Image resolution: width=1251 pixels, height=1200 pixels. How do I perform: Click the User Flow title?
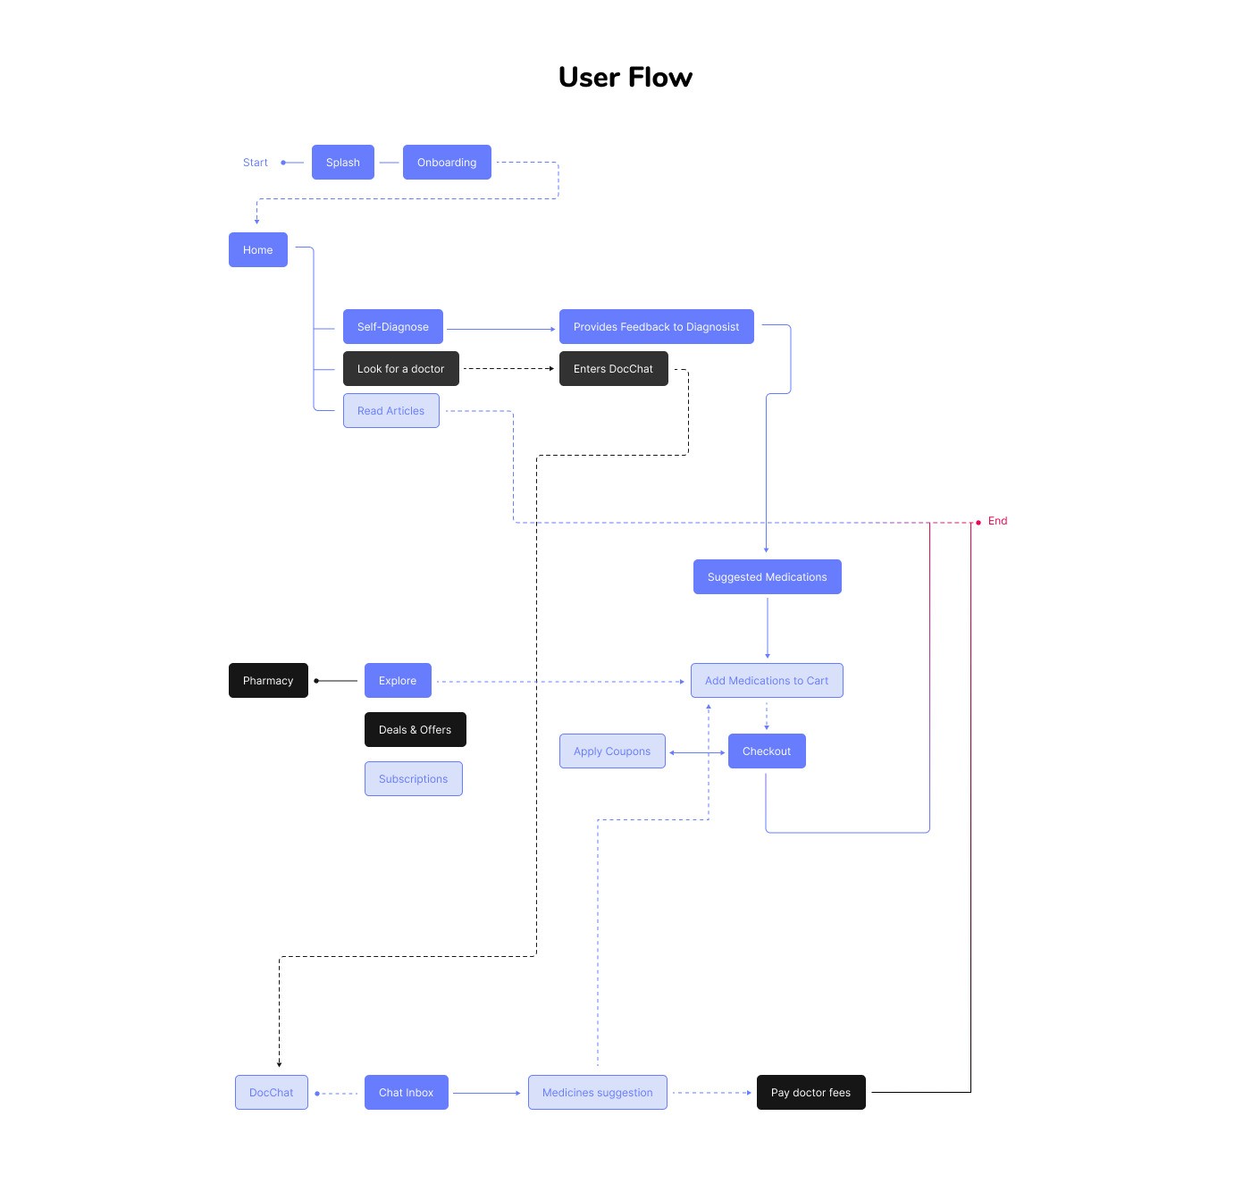pyautogui.click(x=625, y=77)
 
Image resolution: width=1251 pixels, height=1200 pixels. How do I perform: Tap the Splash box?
pyautogui.click(x=342, y=162)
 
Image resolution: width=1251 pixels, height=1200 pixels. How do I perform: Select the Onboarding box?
pyautogui.click(x=447, y=162)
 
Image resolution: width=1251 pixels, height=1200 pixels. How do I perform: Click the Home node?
pyautogui.click(x=257, y=249)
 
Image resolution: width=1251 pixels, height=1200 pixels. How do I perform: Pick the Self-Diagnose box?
pyautogui.click(x=393, y=326)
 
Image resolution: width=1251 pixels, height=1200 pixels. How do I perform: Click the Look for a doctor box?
pyautogui.click(x=400, y=368)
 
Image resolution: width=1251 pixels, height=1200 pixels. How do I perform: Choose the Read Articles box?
pyautogui.click(x=390, y=410)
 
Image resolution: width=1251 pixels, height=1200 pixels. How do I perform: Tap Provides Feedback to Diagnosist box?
pyautogui.click(x=657, y=326)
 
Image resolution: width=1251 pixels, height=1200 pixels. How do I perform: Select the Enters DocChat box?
pyautogui.click(x=613, y=368)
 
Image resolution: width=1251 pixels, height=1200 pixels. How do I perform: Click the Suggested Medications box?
pyautogui.click(x=767, y=576)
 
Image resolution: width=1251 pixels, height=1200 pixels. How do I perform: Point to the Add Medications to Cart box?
pyautogui.click(x=767, y=680)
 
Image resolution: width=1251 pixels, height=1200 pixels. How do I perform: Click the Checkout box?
pyautogui.click(x=767, y=751)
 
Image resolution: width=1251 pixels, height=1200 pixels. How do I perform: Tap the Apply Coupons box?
pyautogui.click(x=612, y=751)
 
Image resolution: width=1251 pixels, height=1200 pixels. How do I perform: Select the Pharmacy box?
pyautogui.click(x=268, y=680)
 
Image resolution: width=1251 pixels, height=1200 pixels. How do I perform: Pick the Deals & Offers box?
pyautogui.click(x=415, y=729)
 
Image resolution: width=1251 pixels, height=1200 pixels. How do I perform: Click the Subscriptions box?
pyautogui.click(x=414, y=778)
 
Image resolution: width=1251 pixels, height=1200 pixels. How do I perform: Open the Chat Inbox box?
pyautogui.click(x=407, y=1092)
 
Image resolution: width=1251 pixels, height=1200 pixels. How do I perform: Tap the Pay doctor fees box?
pyautogui.click(x=810, y=1092)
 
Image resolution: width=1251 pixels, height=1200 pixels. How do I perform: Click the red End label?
pyautogui.click(x=997, y=521)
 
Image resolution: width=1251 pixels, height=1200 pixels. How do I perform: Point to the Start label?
pyautogui.click(x=256, y=162)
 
